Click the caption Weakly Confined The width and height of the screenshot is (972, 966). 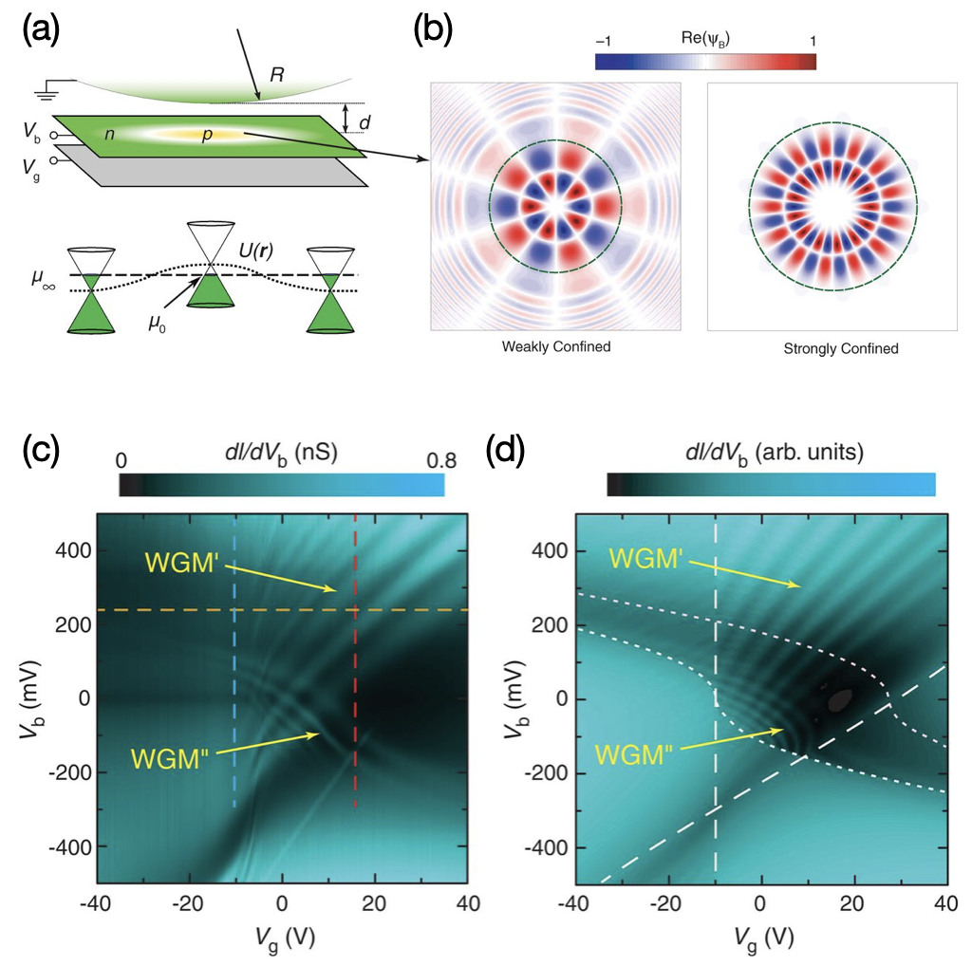point(555,347)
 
